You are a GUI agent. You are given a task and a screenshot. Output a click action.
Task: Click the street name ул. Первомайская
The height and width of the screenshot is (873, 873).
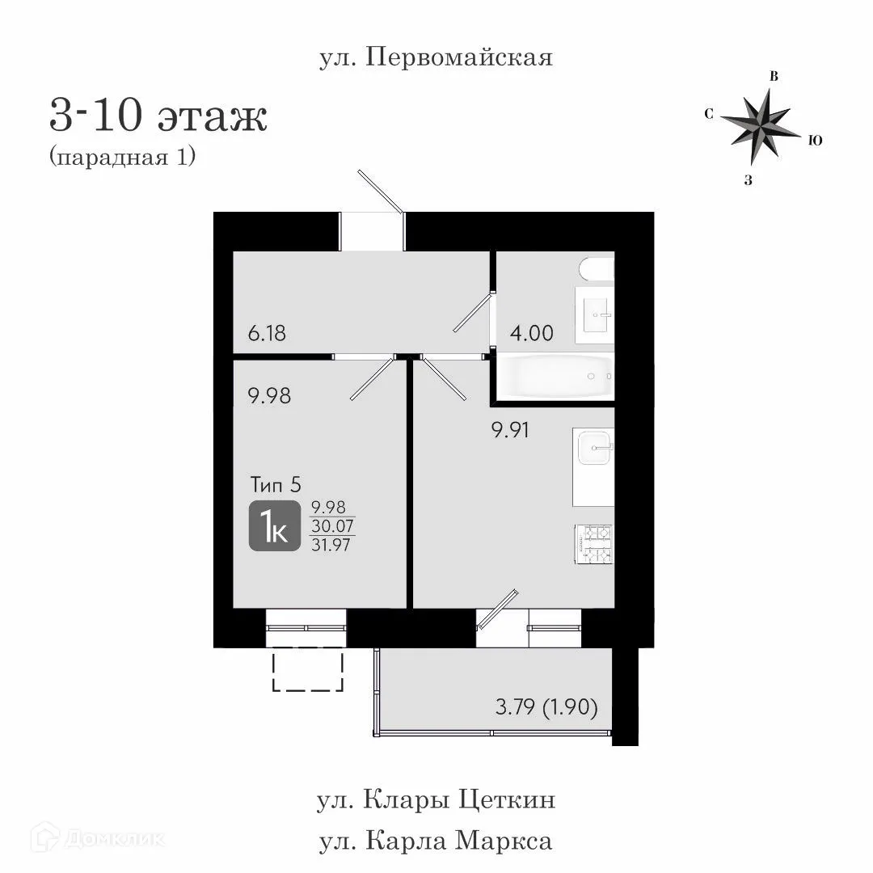point(436,58)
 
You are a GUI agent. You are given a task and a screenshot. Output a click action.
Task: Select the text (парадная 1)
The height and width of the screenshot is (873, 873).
point(123,157)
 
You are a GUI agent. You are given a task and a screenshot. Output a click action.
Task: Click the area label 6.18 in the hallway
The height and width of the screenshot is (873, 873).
point(268,333)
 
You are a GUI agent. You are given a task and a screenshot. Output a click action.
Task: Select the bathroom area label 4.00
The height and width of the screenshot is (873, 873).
point(531,333)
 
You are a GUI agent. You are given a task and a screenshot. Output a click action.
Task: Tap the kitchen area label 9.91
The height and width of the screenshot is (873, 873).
point(511,430)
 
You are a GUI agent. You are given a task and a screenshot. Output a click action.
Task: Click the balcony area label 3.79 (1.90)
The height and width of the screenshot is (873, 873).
point(546,708)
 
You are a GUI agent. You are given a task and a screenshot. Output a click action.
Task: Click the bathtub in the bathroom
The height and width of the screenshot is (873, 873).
point(555,377)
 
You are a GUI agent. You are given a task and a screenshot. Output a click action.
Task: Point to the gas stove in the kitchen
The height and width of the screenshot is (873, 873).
point(593,545)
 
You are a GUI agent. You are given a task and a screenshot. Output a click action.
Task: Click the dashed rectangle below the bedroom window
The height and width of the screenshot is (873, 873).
point(307,672)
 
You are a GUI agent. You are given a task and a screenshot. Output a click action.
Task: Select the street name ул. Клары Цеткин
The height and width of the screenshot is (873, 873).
point(436,801)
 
